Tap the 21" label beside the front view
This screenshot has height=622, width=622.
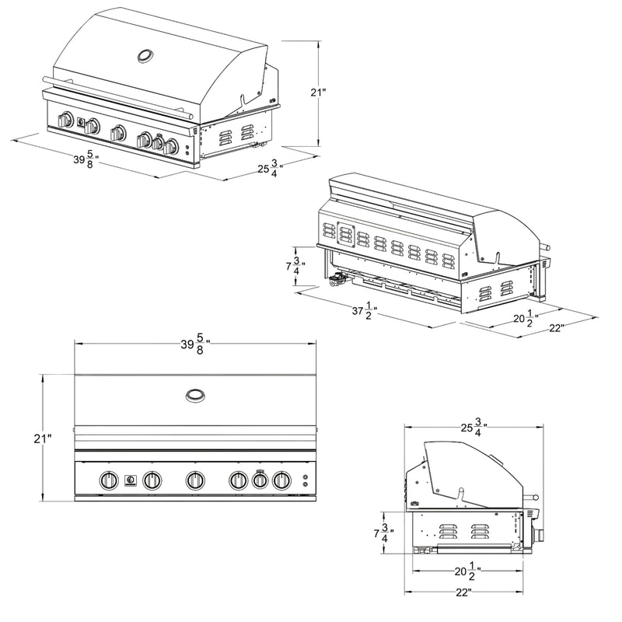(x=43, y=439)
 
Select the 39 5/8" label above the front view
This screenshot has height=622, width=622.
(x=195, y=344)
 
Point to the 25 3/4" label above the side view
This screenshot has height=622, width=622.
(x=474, y=427)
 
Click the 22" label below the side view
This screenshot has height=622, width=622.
(x=463, y=592)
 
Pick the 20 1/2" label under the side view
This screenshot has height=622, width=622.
(x=468, y=571)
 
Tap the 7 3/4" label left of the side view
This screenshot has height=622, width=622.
(x=383, y=533)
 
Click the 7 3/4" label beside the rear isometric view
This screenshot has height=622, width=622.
(x=296, y=266)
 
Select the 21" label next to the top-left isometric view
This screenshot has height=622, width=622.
(x=318, y=93)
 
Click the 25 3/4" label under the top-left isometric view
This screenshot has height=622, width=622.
(x=271, y=168)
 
